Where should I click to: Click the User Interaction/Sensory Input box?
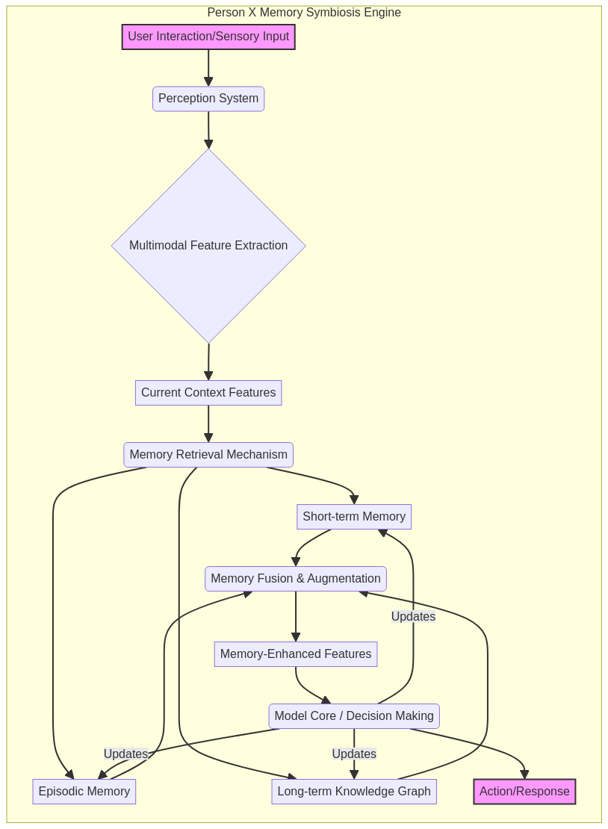click(208, 37)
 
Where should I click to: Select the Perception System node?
click(208, 99)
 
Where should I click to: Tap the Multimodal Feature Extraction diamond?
click(208, 246)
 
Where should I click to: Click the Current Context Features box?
click(208, 393)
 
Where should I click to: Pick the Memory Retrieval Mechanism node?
click(208, 455)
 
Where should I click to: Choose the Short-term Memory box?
click(354, 517)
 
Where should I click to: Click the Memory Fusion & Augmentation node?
click(296, 579)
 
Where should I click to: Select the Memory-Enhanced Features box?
click(296, 654)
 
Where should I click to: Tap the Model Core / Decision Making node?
click(354, 716)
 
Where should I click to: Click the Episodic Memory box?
click(84, 792)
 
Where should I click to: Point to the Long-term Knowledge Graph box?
click(354, 792)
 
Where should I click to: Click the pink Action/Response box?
click(524, 792)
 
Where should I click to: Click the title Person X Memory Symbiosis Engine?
click(304, 13)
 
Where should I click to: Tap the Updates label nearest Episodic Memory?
click(125, 754)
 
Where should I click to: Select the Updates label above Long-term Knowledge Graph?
click(354, 754)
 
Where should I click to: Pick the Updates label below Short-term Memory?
click(413, 617)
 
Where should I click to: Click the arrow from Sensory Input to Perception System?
click(208, 67)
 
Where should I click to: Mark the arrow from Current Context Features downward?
click(208, 423)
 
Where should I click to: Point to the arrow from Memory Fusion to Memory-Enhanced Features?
click(296, 616)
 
